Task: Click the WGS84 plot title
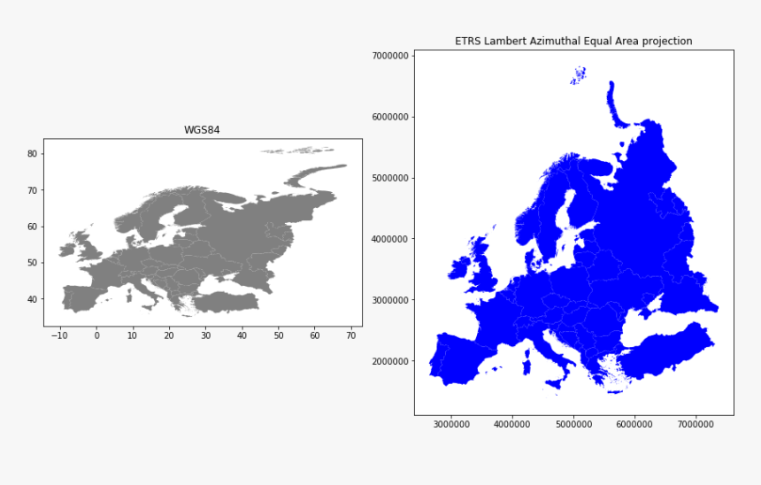pos(202,130)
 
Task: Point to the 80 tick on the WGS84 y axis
pos(32,153)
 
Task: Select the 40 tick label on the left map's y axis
pos(32,299)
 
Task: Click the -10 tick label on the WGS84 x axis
pos(58,335)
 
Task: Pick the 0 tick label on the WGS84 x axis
pos(96,335)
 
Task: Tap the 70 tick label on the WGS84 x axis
pos(350,335)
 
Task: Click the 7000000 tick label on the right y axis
pos(389,56)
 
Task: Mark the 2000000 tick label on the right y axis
pos(389,361)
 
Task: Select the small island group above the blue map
pos(579,75)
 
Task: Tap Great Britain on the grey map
pos(87,245)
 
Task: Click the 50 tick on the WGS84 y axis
pos(32,263)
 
